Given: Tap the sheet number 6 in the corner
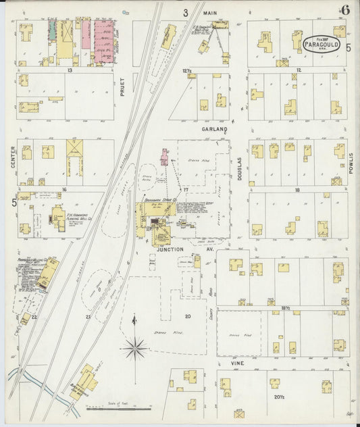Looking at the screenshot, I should pyautogui.click(x=345, y=9).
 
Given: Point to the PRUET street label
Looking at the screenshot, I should pyautogui.click(x=122, y=98).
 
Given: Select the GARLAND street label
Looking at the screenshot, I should pyautogui.click(x=214, y=128).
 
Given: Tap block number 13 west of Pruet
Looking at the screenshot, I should pyautogui.click(x=69, y=70).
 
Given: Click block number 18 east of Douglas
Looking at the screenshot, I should pyautogui.click(x=297, y=191).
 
